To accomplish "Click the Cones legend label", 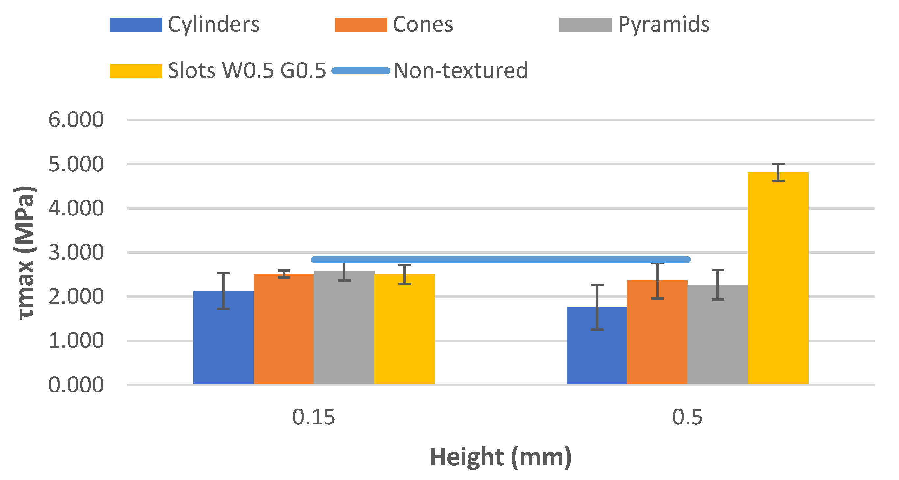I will point(423,24).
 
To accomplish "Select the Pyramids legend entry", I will point(663,24).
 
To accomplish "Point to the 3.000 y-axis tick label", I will point(76,252).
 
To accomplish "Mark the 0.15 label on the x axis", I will point(313,417).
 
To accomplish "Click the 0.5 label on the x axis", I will point(687,417).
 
